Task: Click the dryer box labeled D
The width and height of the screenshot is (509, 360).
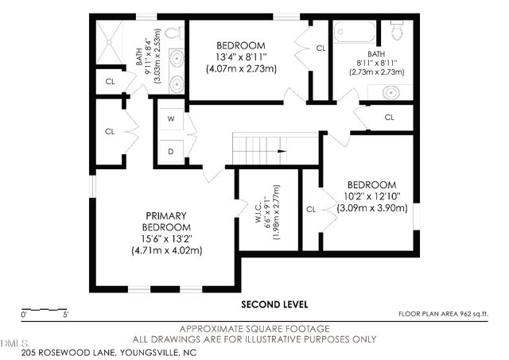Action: pyautogui.click(x=171, y=149)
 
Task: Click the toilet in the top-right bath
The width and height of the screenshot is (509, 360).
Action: pyautogui.click(x=396, y=30)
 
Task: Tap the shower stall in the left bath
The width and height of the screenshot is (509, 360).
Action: pyautogui.click(x=111, y=41)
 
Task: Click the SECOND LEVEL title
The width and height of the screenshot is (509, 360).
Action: pyautogui.click(x=274, y=304)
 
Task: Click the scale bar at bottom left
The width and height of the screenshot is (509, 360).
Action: pyautogui.click(x=45, y=309)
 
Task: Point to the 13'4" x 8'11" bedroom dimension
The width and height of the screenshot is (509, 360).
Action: pyautogui.click(x=241, y=57)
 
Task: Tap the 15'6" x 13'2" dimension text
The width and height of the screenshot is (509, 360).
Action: pyautogui.click(x=165, y=238)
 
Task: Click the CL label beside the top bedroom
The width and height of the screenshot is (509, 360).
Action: pyautogui.click(x=321, y=48)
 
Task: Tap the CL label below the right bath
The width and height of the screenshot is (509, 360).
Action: pyautogui.click(x=389, y=118)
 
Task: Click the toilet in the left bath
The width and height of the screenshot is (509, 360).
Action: pyautogui.click(x=177, y=33)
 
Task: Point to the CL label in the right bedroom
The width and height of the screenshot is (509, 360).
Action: pyautogui.click(x=311, y=209)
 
